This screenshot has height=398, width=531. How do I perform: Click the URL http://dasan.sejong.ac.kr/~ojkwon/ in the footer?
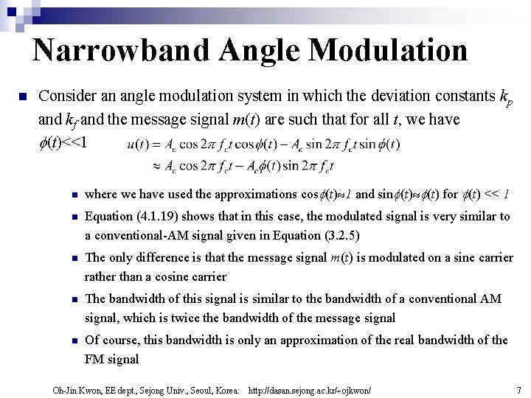310,388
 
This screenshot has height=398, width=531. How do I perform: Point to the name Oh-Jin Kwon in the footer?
74,388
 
